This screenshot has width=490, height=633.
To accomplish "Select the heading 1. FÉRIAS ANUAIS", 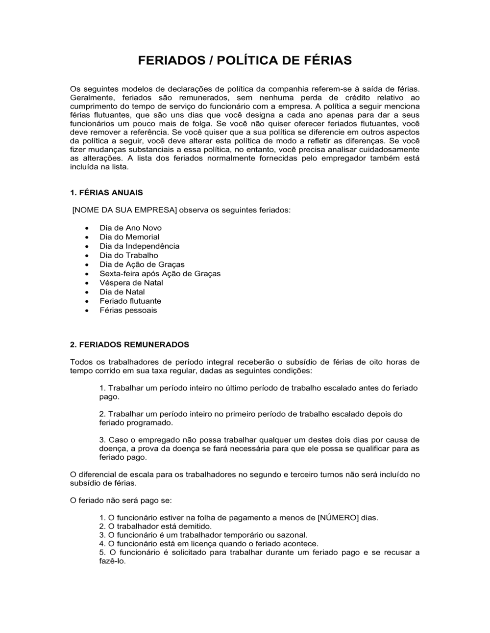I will (106, 192).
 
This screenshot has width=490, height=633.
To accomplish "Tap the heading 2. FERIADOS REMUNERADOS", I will (129, 344).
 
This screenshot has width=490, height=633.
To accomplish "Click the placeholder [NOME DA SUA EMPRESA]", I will (124, 210).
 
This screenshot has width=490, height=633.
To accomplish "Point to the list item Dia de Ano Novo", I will (130, 228).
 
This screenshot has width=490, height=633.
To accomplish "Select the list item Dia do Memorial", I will (129, 237).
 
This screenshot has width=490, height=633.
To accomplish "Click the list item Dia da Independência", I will (139, 246).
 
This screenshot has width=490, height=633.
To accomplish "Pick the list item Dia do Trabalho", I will (128, 255).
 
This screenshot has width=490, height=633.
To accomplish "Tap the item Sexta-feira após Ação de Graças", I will (160, 274).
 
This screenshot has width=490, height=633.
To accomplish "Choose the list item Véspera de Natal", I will (131, 283).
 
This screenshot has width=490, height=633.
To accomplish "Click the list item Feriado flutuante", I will (130, 301).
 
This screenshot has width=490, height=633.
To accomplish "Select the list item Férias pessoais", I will (128, 310).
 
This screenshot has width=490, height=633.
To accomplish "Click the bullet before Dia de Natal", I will (87, 292).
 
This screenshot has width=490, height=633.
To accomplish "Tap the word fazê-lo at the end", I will (112, 561).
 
